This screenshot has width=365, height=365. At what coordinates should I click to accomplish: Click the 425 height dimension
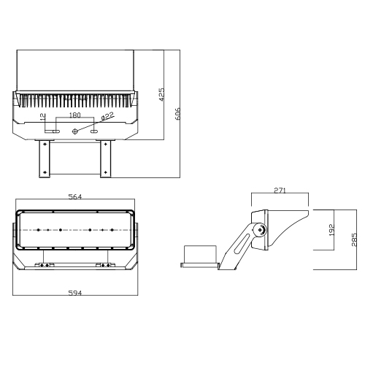pos(161,94)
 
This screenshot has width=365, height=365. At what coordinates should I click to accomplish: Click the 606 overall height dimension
pos(178,114)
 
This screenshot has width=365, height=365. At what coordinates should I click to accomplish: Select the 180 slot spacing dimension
pos(74,115)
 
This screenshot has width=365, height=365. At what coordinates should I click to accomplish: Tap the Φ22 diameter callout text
pos(107,116)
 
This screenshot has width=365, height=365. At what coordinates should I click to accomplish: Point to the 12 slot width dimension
pos(43,117)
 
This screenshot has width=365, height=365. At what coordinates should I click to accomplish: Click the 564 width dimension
pos(75,196)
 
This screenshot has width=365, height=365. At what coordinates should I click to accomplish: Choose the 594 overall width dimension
pos(75,293)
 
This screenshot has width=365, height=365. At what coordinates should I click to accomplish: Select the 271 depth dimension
pos(280,191)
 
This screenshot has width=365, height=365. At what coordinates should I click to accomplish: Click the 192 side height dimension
pos(331,230)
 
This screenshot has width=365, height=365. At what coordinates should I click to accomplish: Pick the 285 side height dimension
pos(354,239)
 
